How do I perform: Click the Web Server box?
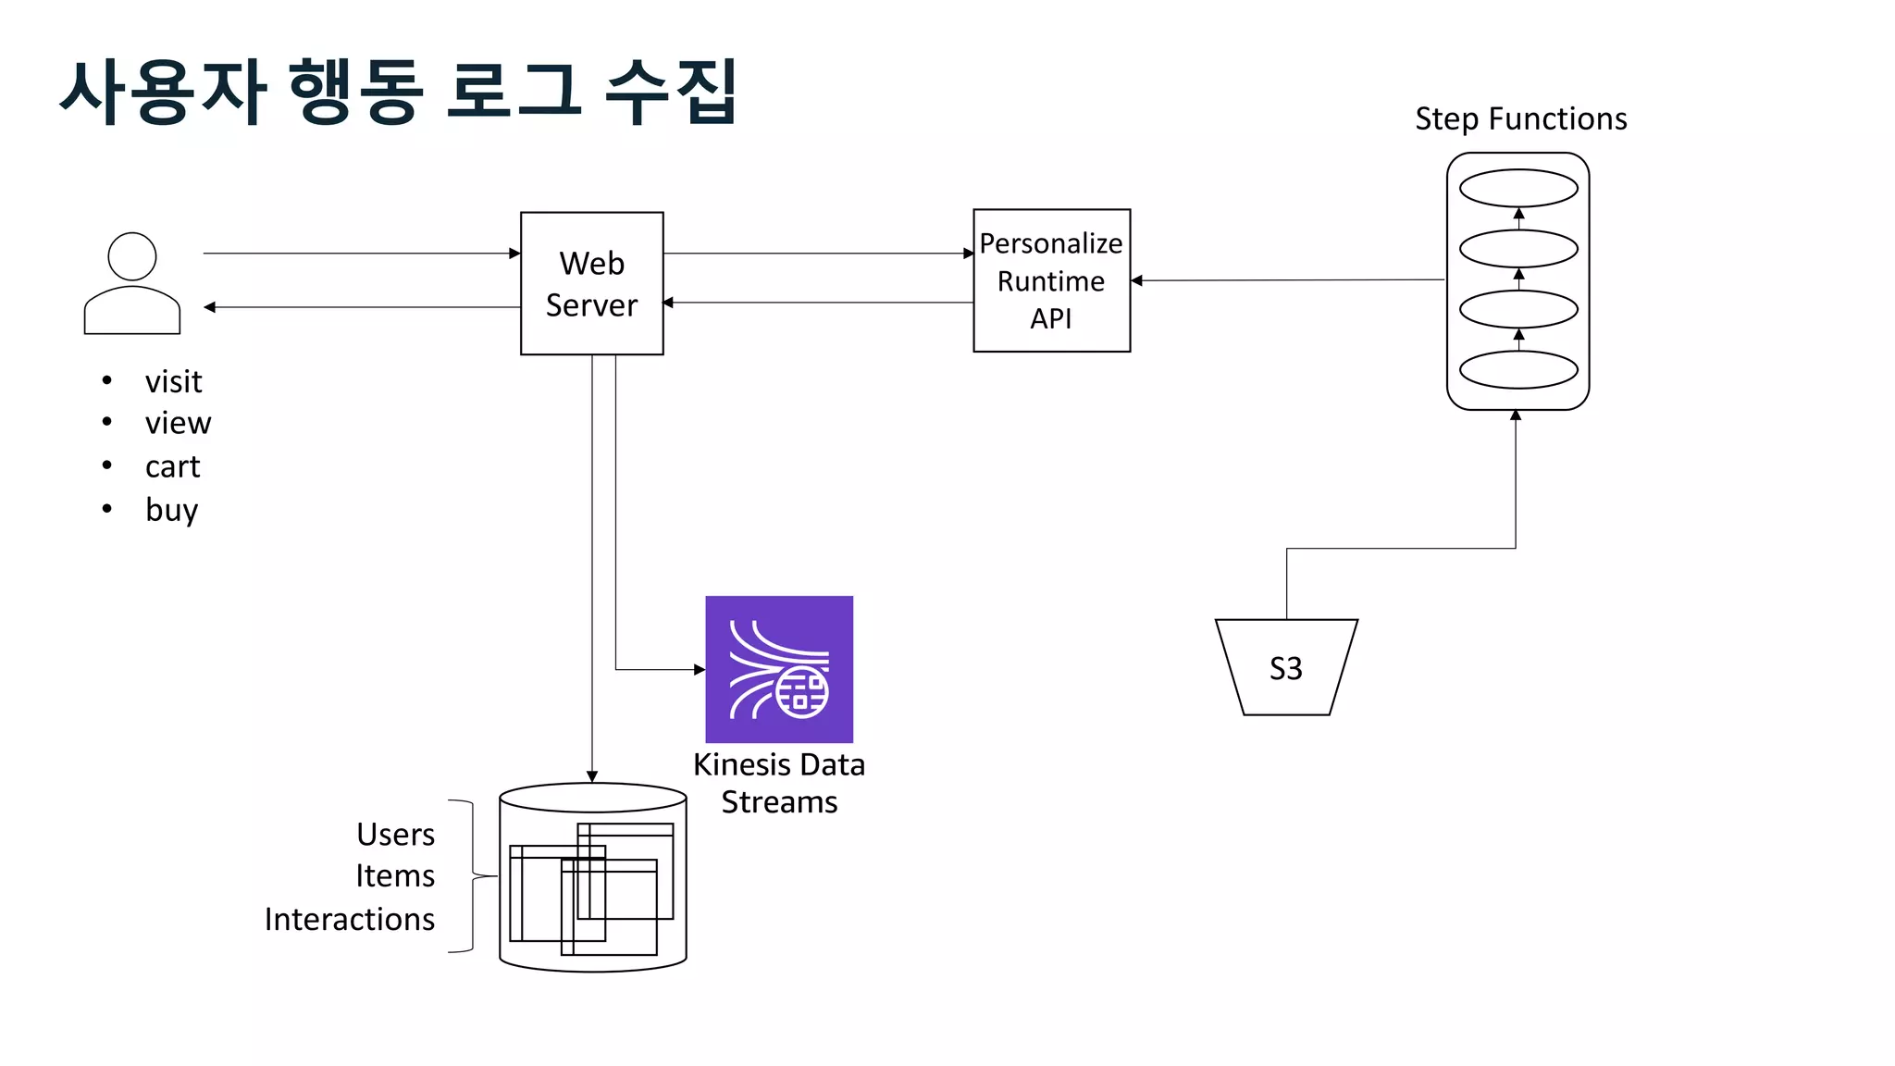pos(591,283)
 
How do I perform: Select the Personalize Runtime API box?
pos(1051,280)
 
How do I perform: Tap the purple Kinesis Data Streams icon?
pos(779,669)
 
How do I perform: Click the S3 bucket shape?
pos(1286,667)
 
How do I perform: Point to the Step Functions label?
pos(1520,119)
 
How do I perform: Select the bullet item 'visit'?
pos(173,381)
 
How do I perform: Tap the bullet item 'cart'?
pos(172,466)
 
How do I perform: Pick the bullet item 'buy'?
pos(171,510)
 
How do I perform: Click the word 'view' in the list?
pos(178,423)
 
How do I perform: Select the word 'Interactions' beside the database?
pos(350,919)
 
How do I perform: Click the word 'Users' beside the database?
pos(395,835)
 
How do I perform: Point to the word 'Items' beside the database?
pos(395,876)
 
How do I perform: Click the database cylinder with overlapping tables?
pos(592,877)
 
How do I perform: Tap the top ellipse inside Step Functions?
pos(1518,189)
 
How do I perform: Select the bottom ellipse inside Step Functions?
pos(1518,370)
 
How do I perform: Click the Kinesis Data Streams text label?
pos(779,783)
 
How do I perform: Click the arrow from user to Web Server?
pos(361,253)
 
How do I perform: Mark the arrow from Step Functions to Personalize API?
pos(1286,280)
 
